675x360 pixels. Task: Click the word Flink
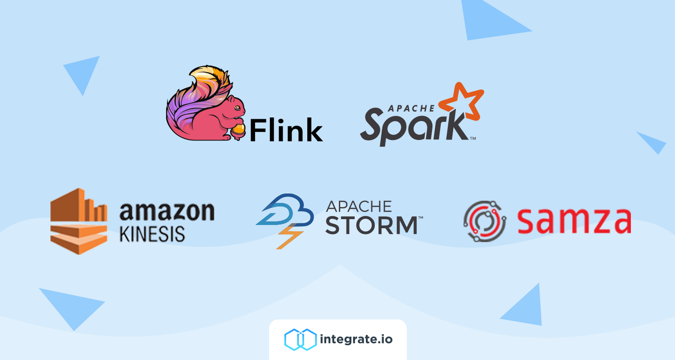pos(286,130)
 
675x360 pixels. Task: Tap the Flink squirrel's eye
pos(238,108)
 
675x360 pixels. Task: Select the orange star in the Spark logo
pos(461,101)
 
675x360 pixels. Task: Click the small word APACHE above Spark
pos(411,108)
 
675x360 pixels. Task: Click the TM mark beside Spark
pos(473,138)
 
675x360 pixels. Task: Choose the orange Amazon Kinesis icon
pos(79,221)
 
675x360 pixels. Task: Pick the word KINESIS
pos(152,234)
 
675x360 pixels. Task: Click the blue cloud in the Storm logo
pos(285,210)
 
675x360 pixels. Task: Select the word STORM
pos(372,225)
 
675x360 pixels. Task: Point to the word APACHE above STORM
pos(359,207)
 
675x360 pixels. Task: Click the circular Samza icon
pos(485,221)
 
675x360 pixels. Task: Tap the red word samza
pos(574,221)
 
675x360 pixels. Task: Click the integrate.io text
pos(356,339)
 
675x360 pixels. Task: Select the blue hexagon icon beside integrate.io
pos(301,339)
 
